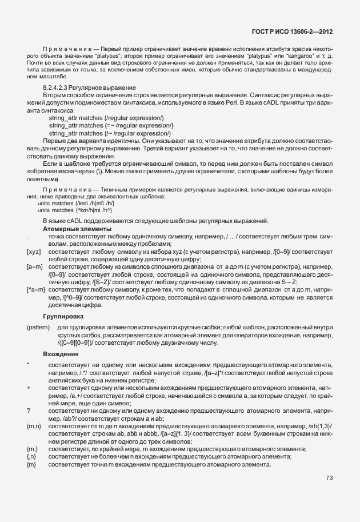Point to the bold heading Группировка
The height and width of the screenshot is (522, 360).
pyautogui.click(x=63, y=316)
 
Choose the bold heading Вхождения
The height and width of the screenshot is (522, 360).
pyautogui.click(x=61, y=354)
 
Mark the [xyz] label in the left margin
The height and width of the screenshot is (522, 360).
pyautogui.click(x=34, y=252)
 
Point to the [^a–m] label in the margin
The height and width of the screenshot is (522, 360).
pyautogui.click(x=35, y=290)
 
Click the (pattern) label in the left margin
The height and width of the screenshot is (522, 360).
pyautogui.click(x=38, y=327)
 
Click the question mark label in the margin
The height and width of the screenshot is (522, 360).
pyautogui.click(x=28, y=411)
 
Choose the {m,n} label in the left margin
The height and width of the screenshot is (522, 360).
pyautogui.click(x=34, y=426)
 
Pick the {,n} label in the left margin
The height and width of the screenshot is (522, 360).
pyautogui.click(x=32, y=457)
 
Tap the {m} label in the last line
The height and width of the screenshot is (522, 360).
pyautogui.click(x=31, y=464)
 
